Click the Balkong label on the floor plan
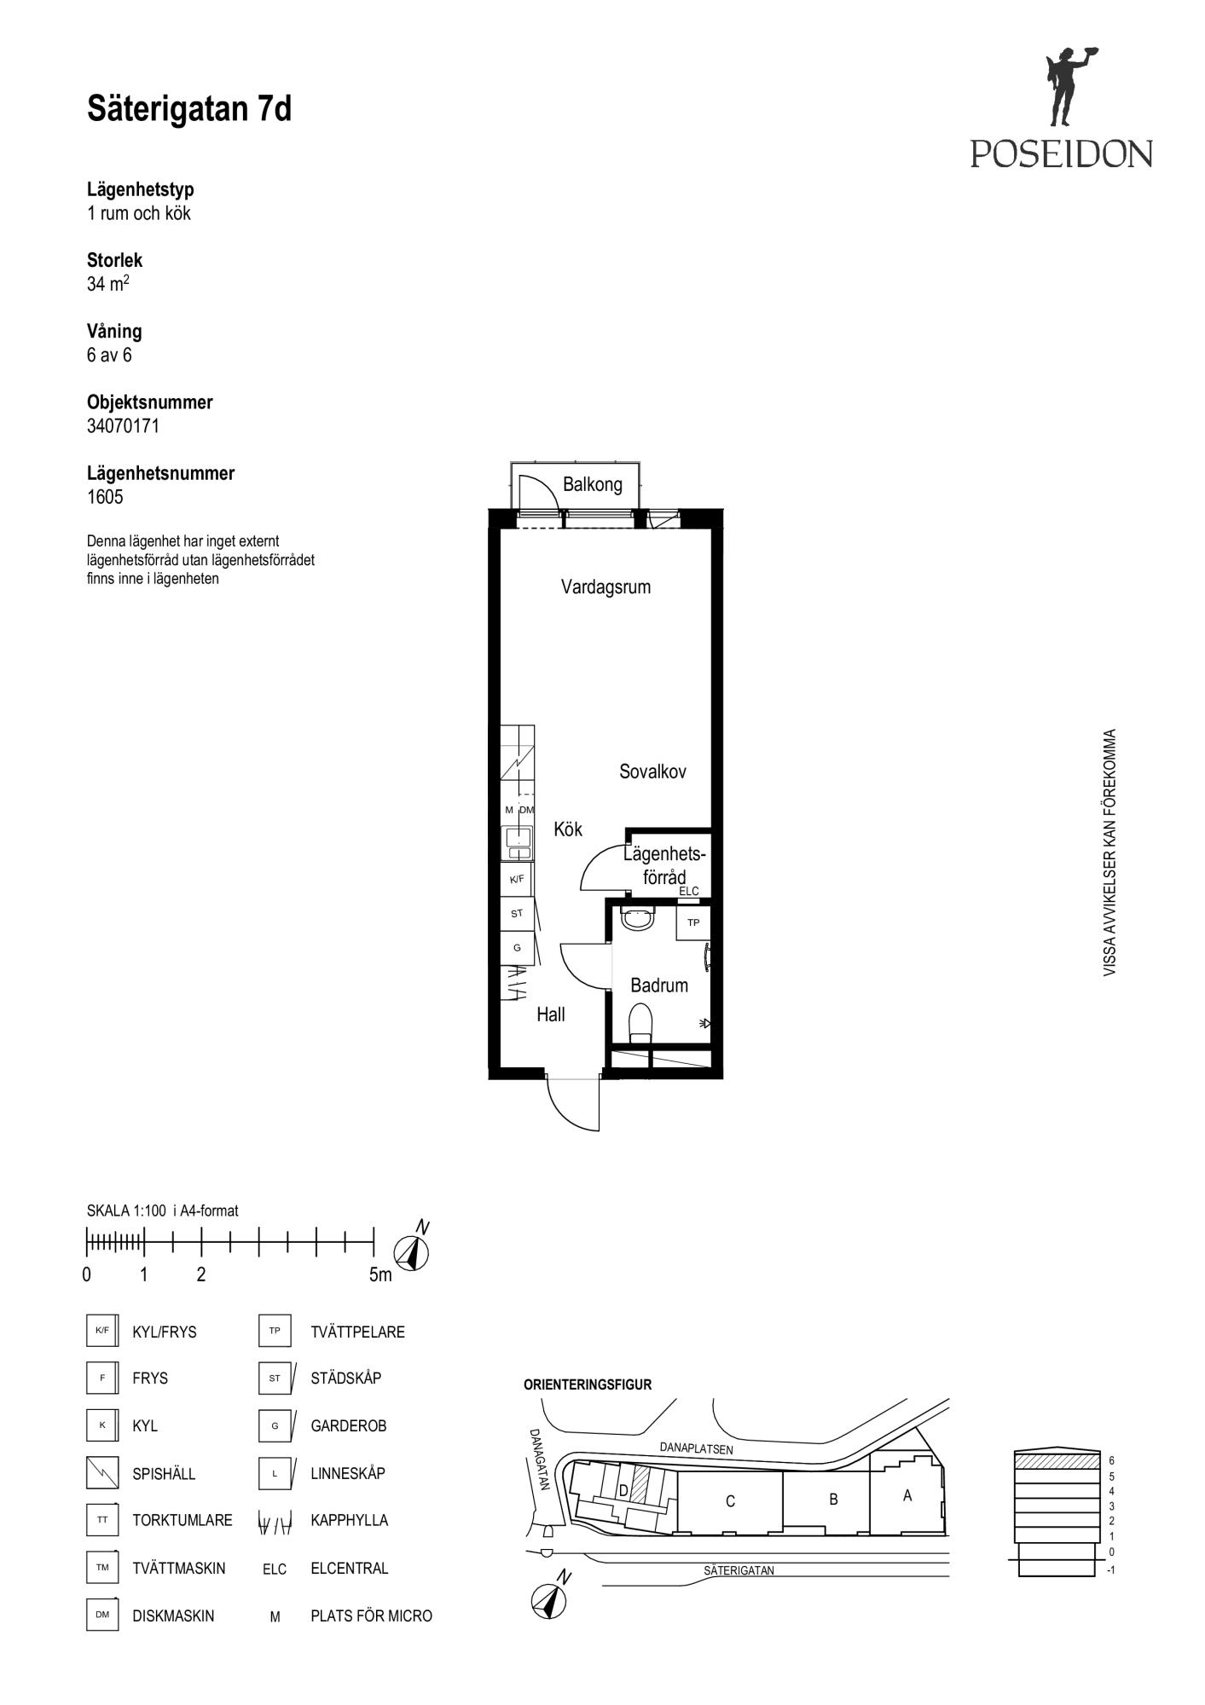(592, 485)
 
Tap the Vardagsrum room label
(605, 587)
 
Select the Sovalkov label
(652, 772)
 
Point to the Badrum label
(658, 985)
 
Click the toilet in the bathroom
(640, 1023)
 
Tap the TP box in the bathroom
(693, 922)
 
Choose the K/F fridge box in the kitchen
(517, 879)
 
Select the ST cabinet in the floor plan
(517, 913)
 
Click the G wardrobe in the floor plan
(517, 948)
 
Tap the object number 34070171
(123, 426)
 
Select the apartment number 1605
(105, 497)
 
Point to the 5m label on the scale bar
(380, 1275)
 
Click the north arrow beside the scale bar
(412, 1250)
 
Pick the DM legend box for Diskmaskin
(102, 1615)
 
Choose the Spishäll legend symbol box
(102, 1472)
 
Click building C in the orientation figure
(730, 1501)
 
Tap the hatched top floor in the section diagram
(1056, 1460)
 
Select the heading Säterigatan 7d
(189, 109)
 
